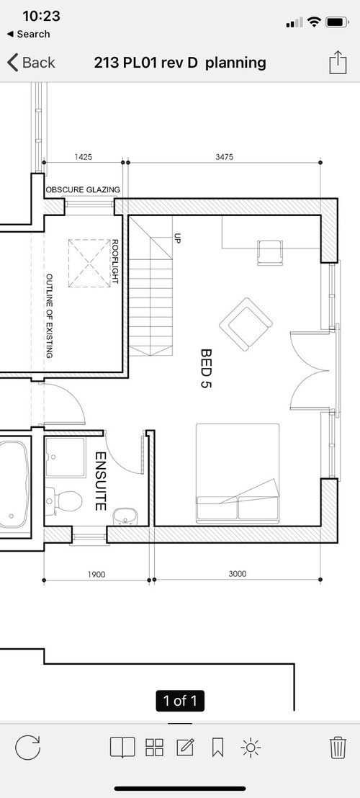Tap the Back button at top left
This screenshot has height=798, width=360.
click(31, 63)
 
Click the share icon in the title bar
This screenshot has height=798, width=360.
click(338, 63)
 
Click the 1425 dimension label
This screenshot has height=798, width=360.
click(84, 157)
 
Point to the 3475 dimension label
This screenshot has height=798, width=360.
click(224, 157)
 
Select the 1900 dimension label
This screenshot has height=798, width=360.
click(96, 575)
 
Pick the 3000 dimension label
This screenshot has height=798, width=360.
click(237, 573)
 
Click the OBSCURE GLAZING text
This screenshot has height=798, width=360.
click(84, 190)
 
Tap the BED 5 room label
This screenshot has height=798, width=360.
click(205, 368)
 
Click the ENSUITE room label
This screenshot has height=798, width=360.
click(100, 481)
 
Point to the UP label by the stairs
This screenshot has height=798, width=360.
click(177, 238)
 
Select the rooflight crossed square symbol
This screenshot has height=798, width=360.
click(89, 263)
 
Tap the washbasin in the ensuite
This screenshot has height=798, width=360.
click(124, 516)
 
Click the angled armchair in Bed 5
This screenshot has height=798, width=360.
click(246, 324)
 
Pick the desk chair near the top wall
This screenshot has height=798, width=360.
click(269, 252)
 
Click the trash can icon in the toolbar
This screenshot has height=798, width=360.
click(338, 748)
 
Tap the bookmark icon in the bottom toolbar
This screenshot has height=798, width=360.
click(217, 748)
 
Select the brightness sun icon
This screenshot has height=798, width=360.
click(250, 748)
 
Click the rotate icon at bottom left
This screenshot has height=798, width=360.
click(27, 748)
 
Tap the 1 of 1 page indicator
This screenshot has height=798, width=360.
click(180, 701)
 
